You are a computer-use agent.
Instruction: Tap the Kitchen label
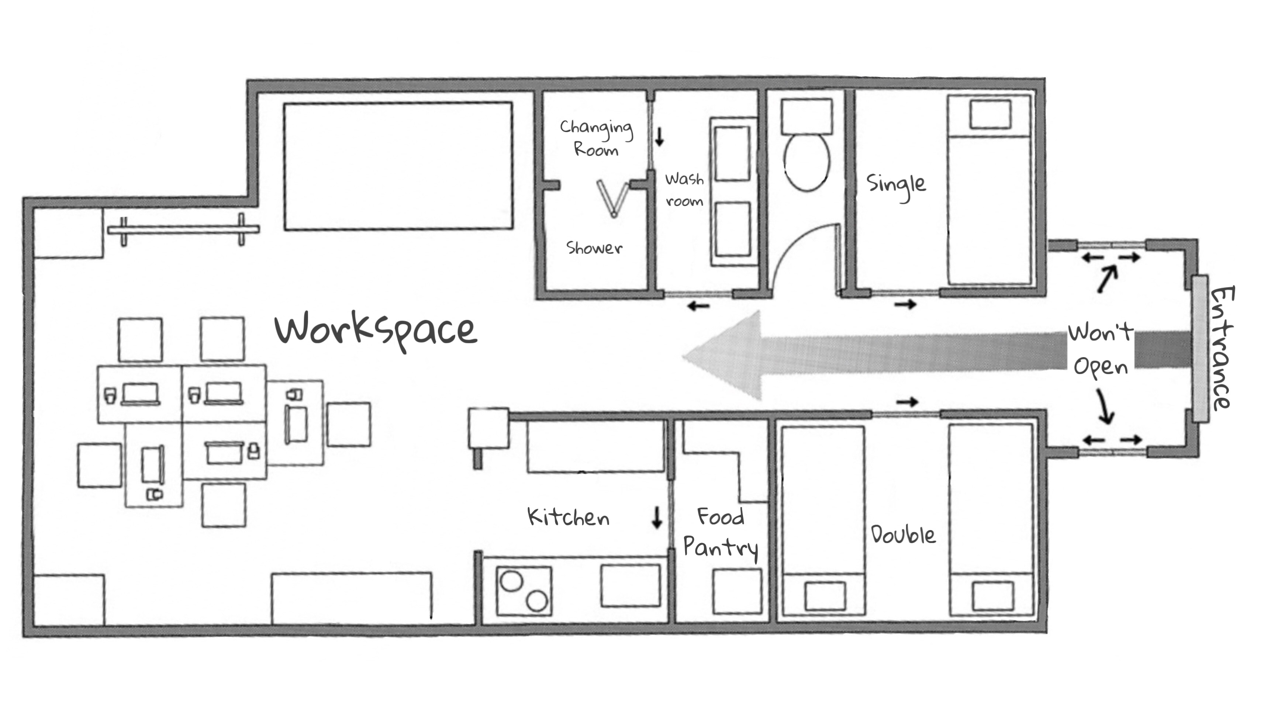(x=569, y=518)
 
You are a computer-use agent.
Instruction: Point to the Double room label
(x=903, y=535)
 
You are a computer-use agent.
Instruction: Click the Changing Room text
(x=596, y=138)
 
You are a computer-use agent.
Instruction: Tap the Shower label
(x=594, y=248)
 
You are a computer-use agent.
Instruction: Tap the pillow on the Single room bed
(x=990, y=114)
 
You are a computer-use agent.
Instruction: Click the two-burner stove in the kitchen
(x=524, y=591)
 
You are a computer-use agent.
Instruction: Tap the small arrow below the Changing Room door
(x=659, y=136)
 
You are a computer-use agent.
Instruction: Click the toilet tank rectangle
(x=807, y=117)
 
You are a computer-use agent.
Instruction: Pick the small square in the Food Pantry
(x=737, y=591)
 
